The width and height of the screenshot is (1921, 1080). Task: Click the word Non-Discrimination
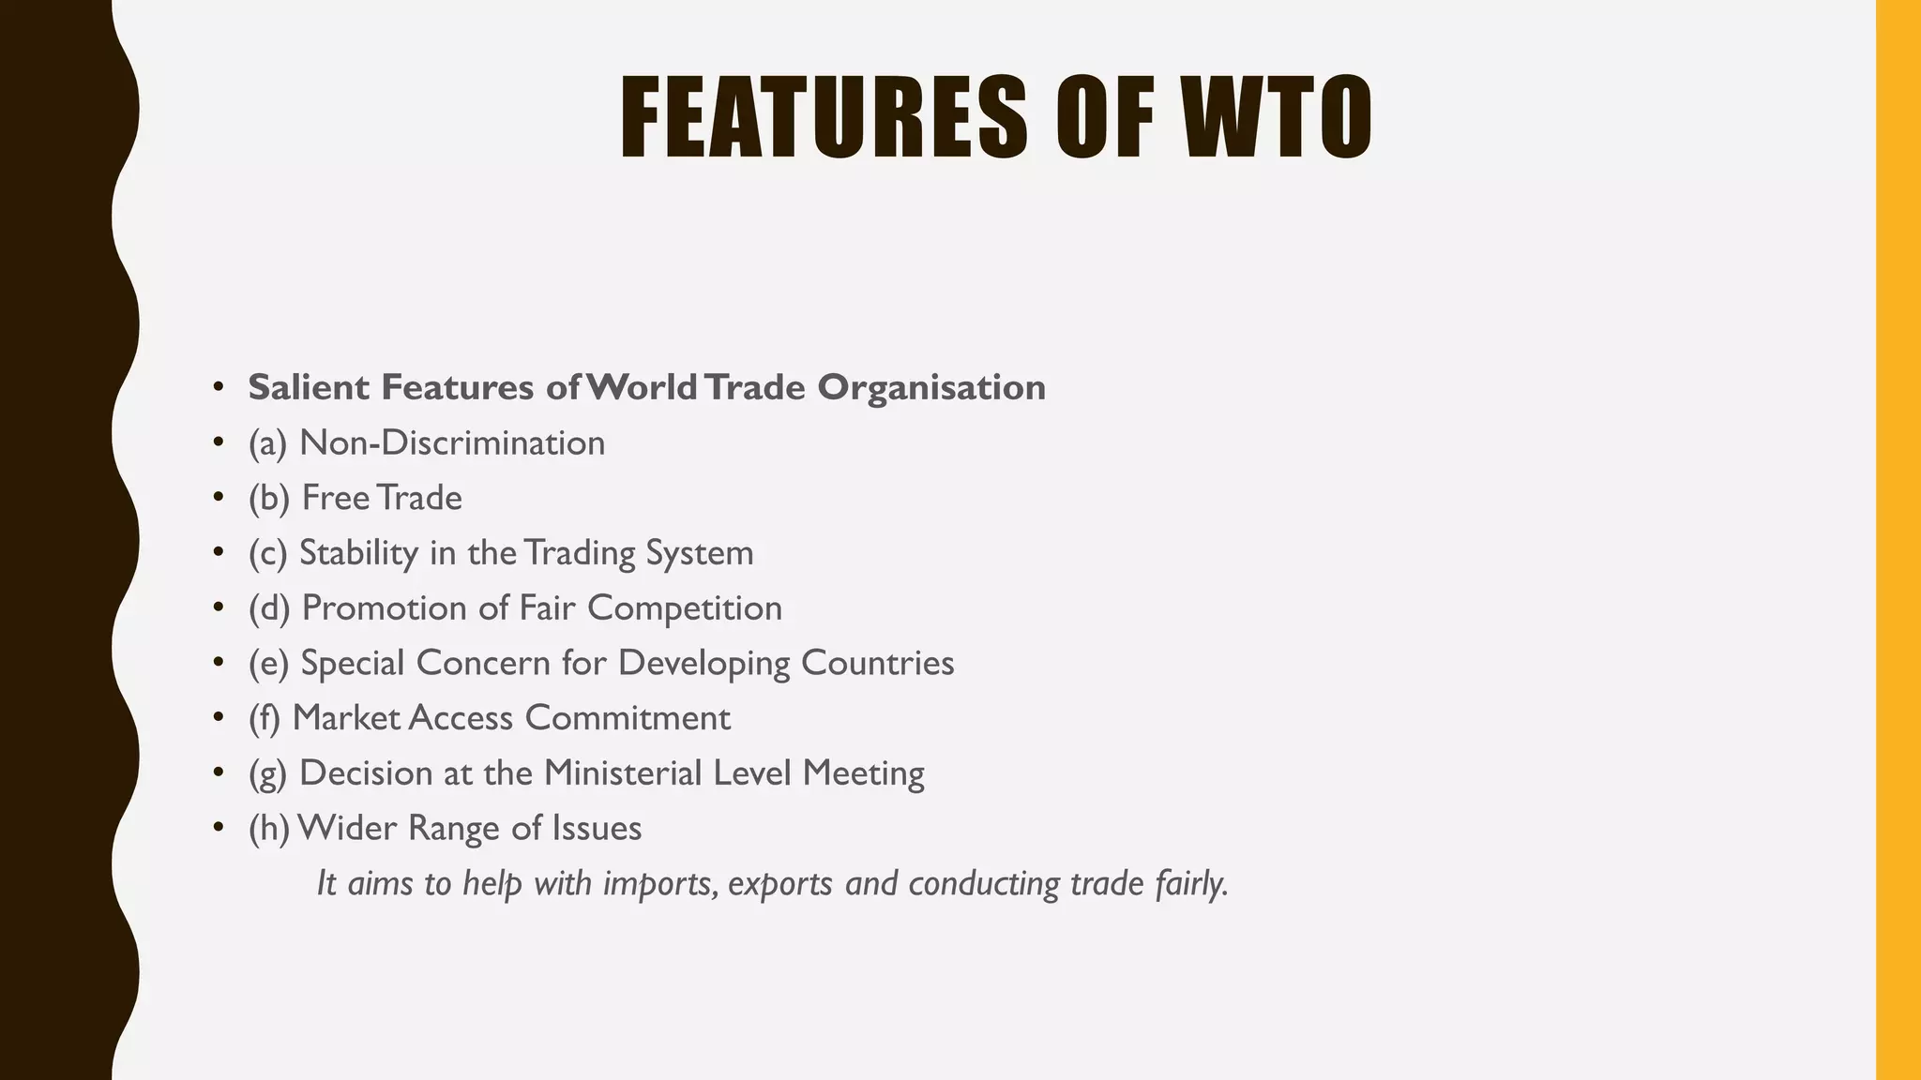pyautogui.click(x=452, y=442)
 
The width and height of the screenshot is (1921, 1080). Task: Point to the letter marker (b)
pyautogui.click(x=269, y=498)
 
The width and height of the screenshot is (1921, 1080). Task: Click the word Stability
pyautogui.click(x=358, y=553)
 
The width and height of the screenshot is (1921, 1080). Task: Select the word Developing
pyautogui.click(x=704, y=664)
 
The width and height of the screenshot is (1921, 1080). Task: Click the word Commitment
pyautogui.click(x=628, y=718)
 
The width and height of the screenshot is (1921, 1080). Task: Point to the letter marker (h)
pyautogui.click(x=269, y=829)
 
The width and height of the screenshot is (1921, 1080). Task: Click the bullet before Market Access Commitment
pyautogui.click(x=219, y=719)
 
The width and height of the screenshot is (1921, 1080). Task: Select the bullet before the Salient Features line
pyautogui.click(x=219, y=387)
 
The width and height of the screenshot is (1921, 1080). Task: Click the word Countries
pyautogui.click(x=877, y=664)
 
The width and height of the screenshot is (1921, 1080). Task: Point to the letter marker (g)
pyautogui.click(x=268, y=774)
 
